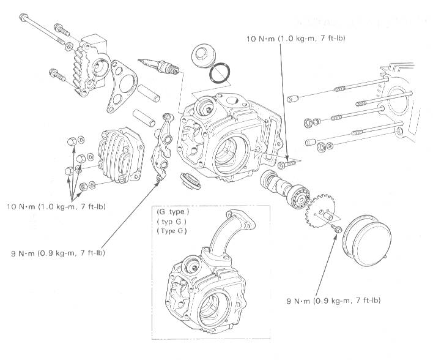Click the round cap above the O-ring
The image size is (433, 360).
coord(201,56)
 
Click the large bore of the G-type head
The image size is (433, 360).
coord(211,302)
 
